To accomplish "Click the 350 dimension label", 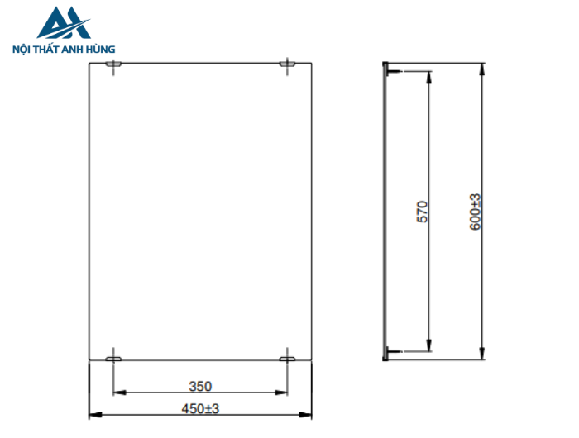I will (x=200, y=386).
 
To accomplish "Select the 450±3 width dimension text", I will (x=200, y=408).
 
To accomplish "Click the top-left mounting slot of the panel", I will (x=114, y=64).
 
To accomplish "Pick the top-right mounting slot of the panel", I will (x=287, y=64).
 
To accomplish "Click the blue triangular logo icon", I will (x=64, y=24).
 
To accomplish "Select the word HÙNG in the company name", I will (x=100, y=49).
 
